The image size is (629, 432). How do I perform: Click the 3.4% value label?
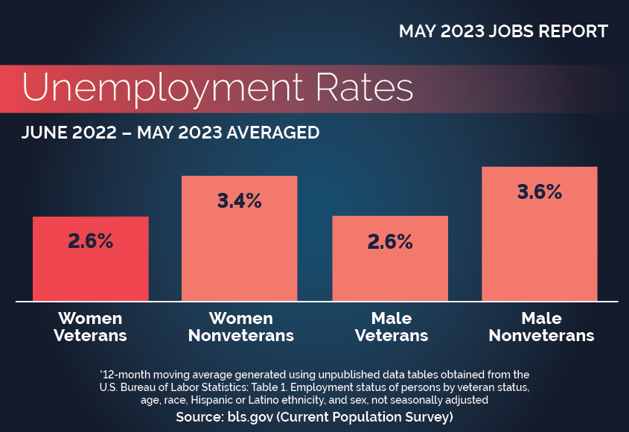pos(239,200)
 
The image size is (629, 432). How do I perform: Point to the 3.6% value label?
pos(540,191)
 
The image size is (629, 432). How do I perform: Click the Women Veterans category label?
pos(90,327)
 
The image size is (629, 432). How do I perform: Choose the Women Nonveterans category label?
pos(240,327)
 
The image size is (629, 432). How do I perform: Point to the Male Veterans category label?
pos(392,327)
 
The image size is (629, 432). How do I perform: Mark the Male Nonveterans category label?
pos(541,327)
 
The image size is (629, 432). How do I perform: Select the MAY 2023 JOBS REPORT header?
pos(503,31)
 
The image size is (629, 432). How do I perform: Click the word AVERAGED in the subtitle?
pos(267,133)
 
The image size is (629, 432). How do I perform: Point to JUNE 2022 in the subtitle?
pos(68,133)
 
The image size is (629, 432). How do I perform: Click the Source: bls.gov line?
pos(314,417)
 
